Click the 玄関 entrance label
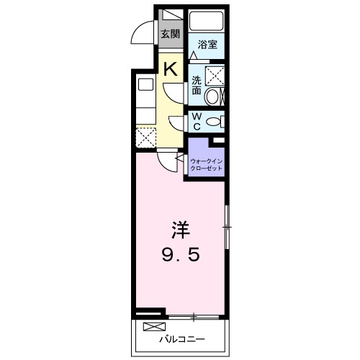[170, 33]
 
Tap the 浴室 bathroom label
[207, 45]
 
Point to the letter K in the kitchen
[171, 70]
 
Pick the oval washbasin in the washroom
[213, 96]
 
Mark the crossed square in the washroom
[215, 75]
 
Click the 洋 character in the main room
[180, 231]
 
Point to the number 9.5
[180, 254]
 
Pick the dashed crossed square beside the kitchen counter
[145, 137]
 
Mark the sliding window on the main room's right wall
[227, 228]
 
